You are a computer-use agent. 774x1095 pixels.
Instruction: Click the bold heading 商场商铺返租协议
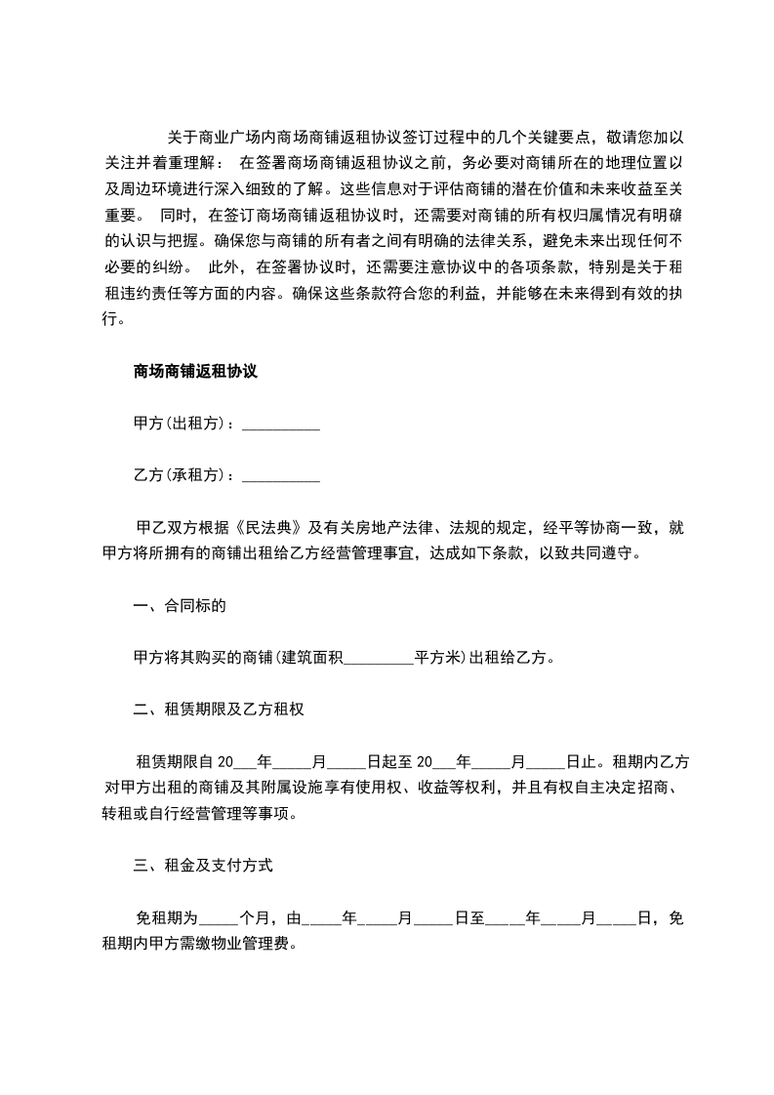(x=194, y=371)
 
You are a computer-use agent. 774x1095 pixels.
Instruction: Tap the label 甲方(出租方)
(x=183, y=424)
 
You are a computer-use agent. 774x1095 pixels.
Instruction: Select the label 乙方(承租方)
(x=183, y=475)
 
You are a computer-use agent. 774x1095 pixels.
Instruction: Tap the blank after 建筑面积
(x=380, y=659)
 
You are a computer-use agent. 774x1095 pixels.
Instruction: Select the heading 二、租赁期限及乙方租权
(x=219, y=710)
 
